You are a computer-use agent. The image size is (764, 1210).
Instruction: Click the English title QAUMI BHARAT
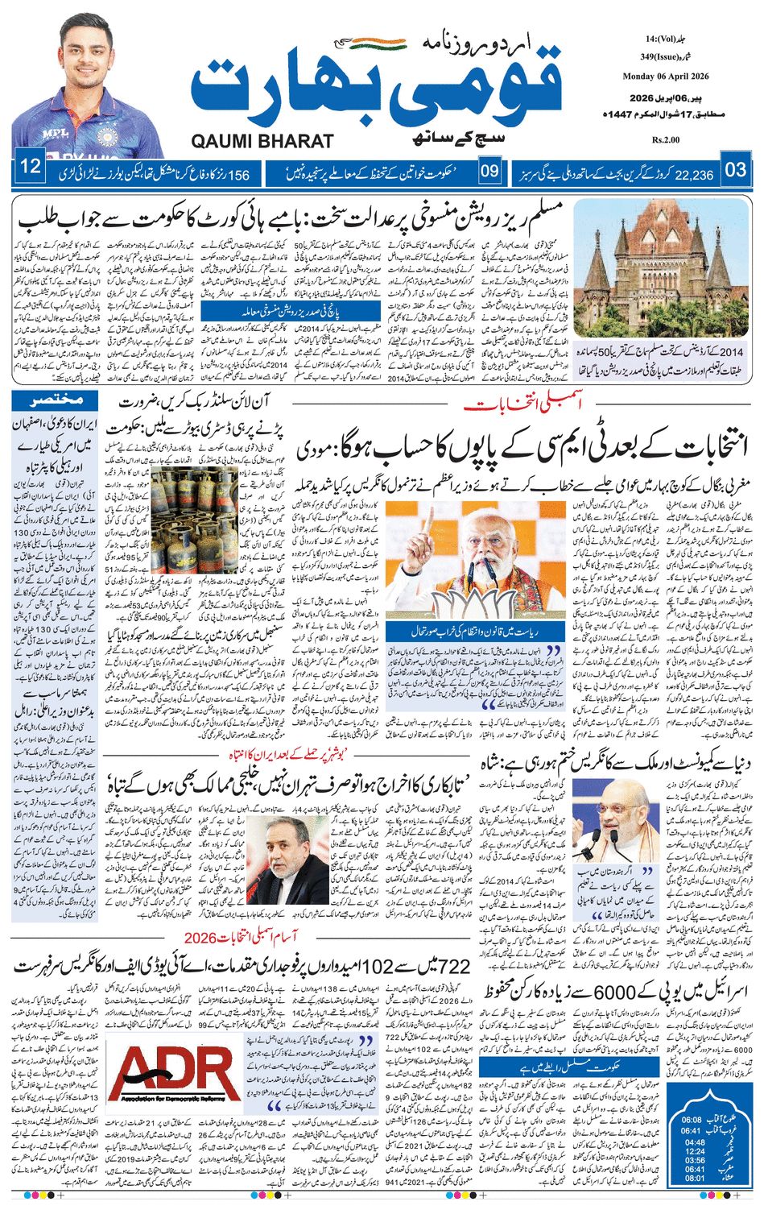262,141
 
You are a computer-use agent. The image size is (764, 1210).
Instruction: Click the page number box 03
737,170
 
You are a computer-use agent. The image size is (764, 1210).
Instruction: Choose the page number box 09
489,171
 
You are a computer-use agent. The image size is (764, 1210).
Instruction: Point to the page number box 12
30,168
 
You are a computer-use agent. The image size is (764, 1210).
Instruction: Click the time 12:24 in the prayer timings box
693,1151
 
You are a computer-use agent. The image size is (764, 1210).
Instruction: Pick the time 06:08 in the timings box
693,1120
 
